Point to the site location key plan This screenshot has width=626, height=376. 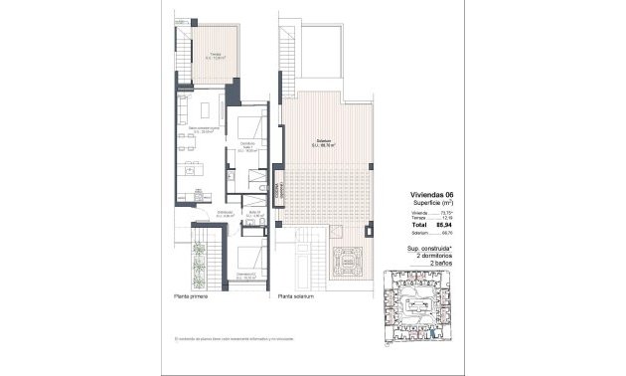tap(416, 309)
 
